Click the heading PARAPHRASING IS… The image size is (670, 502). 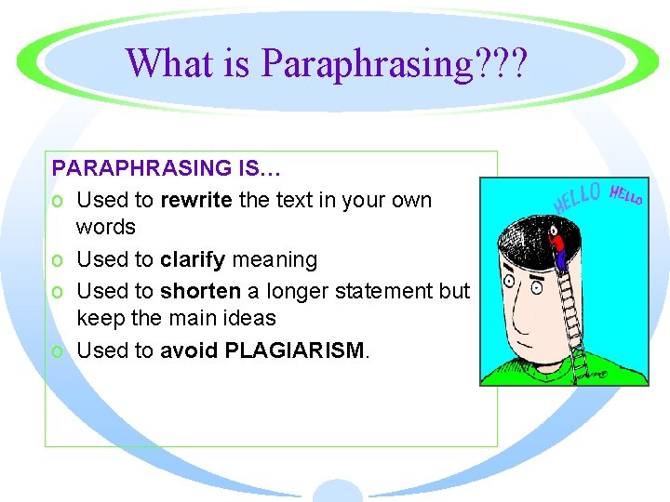coord(167,168)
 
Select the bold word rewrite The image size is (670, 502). coord(196,200)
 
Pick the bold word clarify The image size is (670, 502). coord(192,259)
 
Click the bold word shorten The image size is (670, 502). coord(200,291)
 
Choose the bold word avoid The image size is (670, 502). coord(188,350)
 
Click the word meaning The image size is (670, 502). coord(275,259)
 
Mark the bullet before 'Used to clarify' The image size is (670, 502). coord(59,260)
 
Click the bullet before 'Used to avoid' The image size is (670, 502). coord(59,351)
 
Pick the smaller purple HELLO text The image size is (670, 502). coord(626,194)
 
